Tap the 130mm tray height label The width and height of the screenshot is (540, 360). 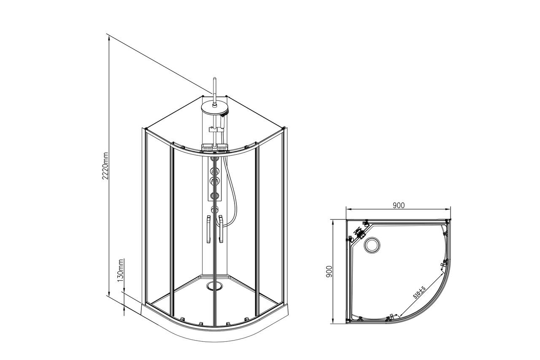coord(121,270)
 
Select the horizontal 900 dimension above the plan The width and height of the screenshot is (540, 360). coord(399,206)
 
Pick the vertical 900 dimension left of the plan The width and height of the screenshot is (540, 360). coord(329,272)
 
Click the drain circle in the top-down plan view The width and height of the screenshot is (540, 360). coord(372,245)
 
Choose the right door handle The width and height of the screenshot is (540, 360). coord(221,229)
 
